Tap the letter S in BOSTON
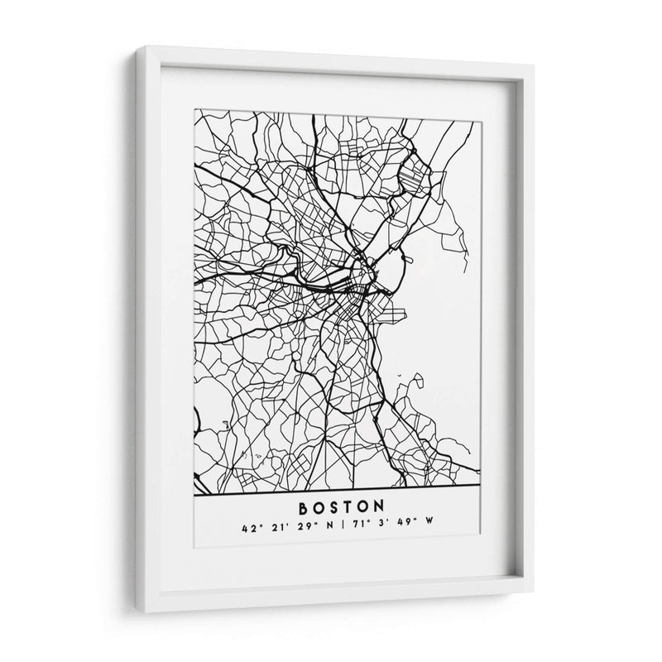coord(329,504)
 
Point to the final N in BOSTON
coord(381,504)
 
